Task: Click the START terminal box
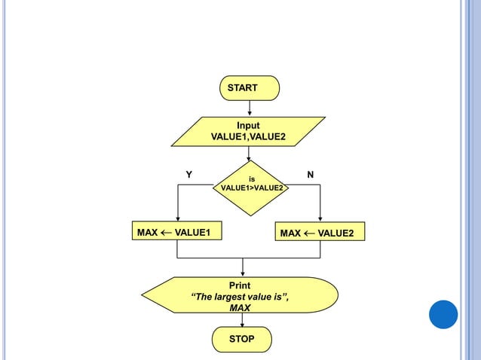pyautogui.click(x=250, y=88)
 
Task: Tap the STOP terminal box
pyautogui.click(x=241, y=340)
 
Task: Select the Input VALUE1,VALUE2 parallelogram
pyautogui.click(x=248, y=131)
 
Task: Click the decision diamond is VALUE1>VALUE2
pyautogui.click(x=248, y=183)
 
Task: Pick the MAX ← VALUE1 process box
pyautogui.click(x=178, y=232)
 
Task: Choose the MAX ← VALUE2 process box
pyautogui.click(x=320, y=233)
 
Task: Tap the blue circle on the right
pyautogui.click(x=443, y=314)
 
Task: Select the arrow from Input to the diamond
pyautogui.click(x=248, y=153)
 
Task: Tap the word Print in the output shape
pyautogui.click(x=240, y=285)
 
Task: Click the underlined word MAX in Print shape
pyautogui.click(x=240, y=308)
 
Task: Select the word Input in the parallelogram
pyautogui.click(x=248, y=125)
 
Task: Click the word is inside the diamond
pyautogui.click(x=251, y=178)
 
